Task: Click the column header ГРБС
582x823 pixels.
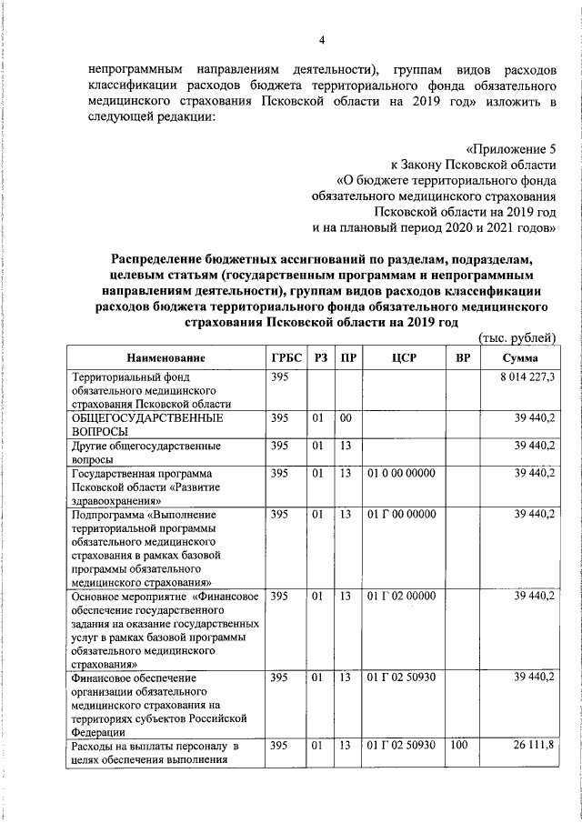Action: [x=286, y=358]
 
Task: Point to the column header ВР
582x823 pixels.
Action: [x=463, y=358]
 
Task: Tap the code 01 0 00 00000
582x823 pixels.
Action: [x=401, y=474]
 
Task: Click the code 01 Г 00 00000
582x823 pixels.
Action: [x=401, y=515]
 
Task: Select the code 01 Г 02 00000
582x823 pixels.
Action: [x=401, y=596]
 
